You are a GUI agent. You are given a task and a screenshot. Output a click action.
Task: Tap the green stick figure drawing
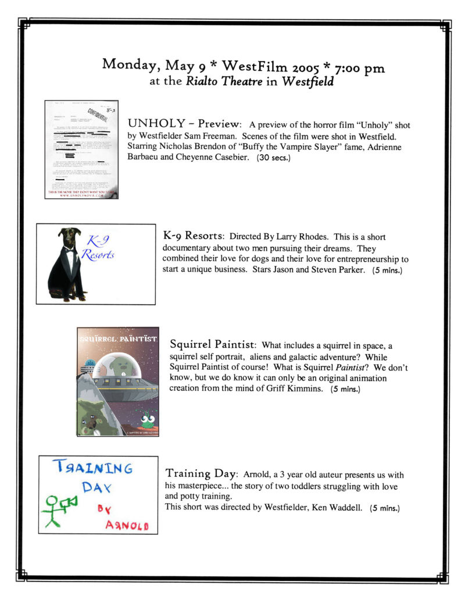tap(56, 507)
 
